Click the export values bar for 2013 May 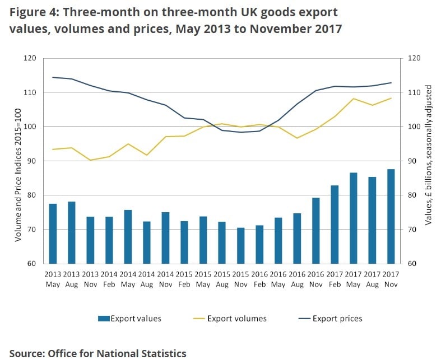(x=53, y=233)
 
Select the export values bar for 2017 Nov (x=391, y=216)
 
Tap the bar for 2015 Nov (x=241, y=245)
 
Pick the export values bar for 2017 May (x=354, y=218)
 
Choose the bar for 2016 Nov (x=316, y=230)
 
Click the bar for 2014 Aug (x=147, y=242)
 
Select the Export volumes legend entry (x=230, y=319)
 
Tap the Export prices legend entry (x=331, y=319)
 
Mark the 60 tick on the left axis (x=31, y=264)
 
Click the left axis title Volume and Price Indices (x=18, y=161)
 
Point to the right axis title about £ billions (x=429, y=156)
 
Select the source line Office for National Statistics (x=98, y=353)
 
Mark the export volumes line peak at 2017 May (x=354, y=99)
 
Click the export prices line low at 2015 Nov (x=241, y=132)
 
